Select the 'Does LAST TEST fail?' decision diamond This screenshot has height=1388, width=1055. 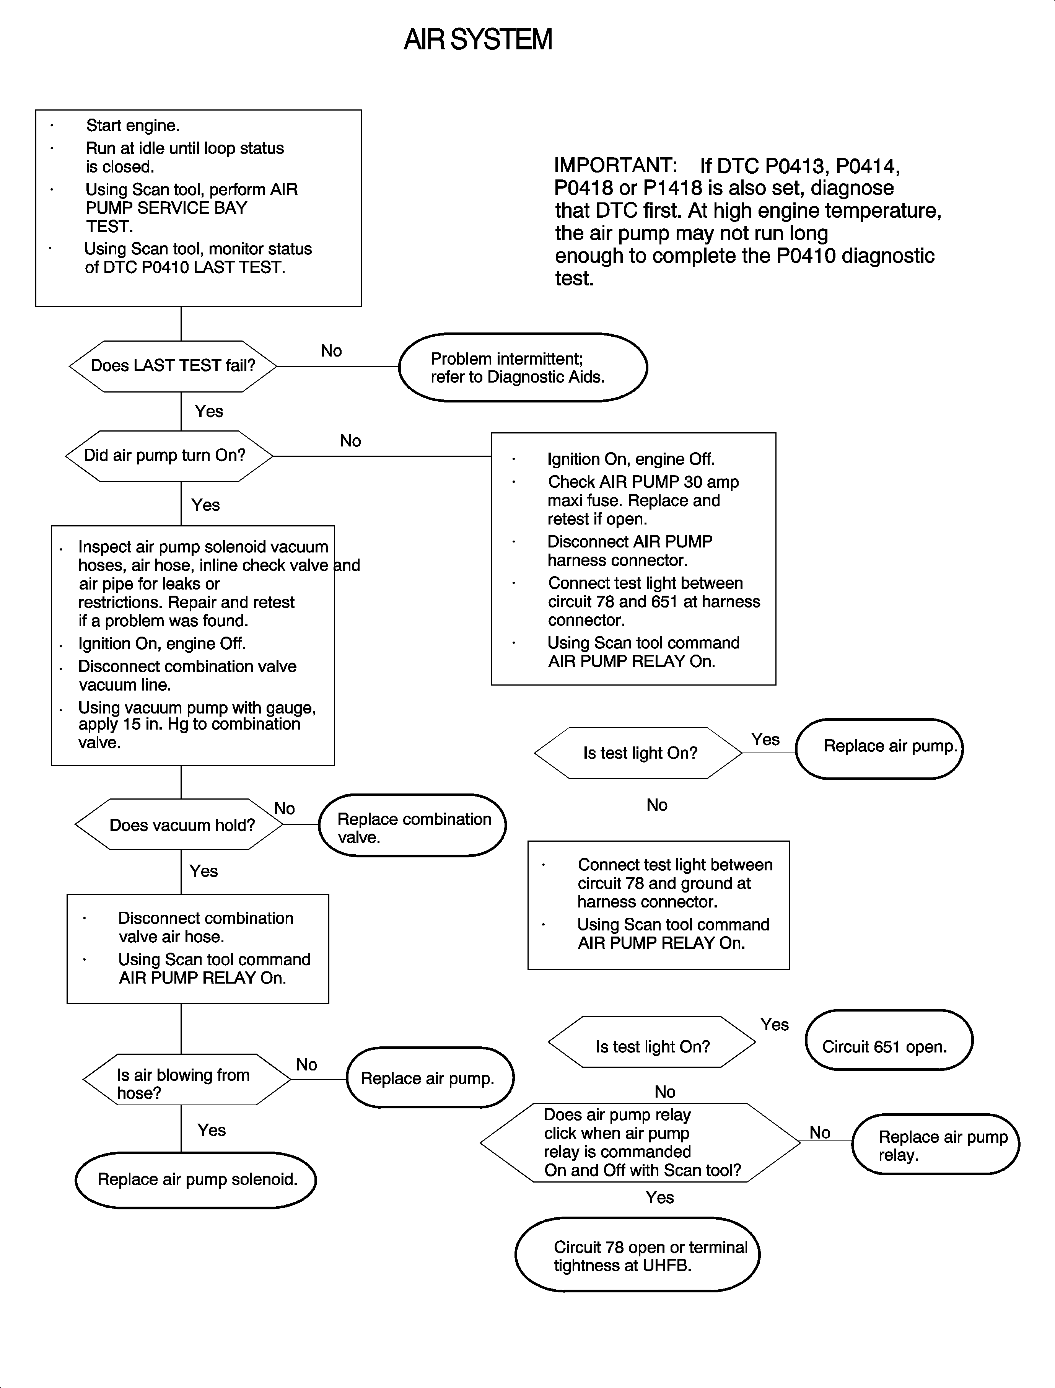(x=173, y=366)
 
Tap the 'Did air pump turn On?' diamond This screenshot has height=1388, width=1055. (x=168, y=456)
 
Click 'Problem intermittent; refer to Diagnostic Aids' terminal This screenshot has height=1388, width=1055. (x=523, y=367)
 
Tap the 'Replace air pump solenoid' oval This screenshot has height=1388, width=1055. (x=195, y=1179)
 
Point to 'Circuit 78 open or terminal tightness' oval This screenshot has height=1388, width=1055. (x=637, y=1256)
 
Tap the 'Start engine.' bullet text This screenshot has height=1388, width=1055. (x=132, y=125)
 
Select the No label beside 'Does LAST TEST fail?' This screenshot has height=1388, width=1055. (x=331, y=351)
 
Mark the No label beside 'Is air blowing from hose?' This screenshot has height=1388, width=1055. (x=306, y=1065)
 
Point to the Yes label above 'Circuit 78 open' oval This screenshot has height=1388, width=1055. (x=659, y=1198)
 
